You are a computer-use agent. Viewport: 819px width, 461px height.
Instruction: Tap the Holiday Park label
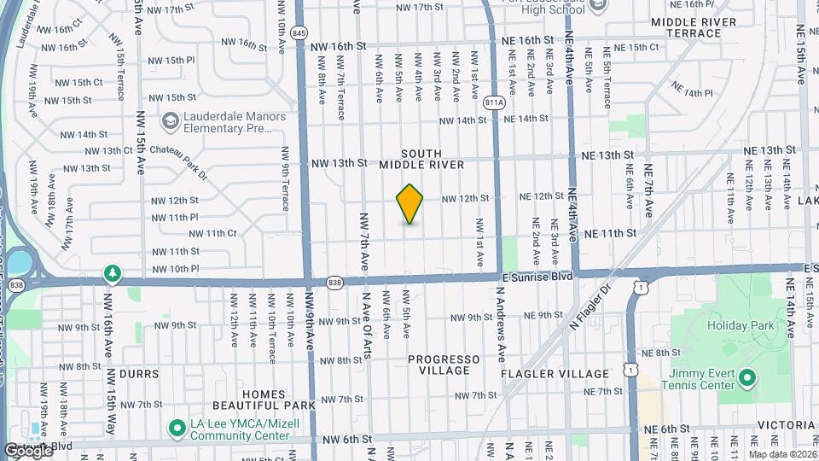(x=740, y=324)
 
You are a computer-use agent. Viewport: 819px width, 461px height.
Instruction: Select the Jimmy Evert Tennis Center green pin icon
(x=747, y=376)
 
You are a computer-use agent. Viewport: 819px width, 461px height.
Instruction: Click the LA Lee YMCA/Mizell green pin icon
(x=177, y=426)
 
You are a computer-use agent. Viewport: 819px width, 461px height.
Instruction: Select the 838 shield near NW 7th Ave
(x=334, y=282)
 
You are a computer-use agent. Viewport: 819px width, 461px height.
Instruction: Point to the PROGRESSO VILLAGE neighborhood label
(x=439, y=365)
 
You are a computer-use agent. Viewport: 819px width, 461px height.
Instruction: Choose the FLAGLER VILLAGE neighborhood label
(x=567, y=374)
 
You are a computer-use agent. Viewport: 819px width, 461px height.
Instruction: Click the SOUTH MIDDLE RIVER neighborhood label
(x=421, y=159)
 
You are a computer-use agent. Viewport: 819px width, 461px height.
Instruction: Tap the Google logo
(x=27, y=450)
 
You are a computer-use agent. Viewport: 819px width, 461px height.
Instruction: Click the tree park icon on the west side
(x=111, y=273)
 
